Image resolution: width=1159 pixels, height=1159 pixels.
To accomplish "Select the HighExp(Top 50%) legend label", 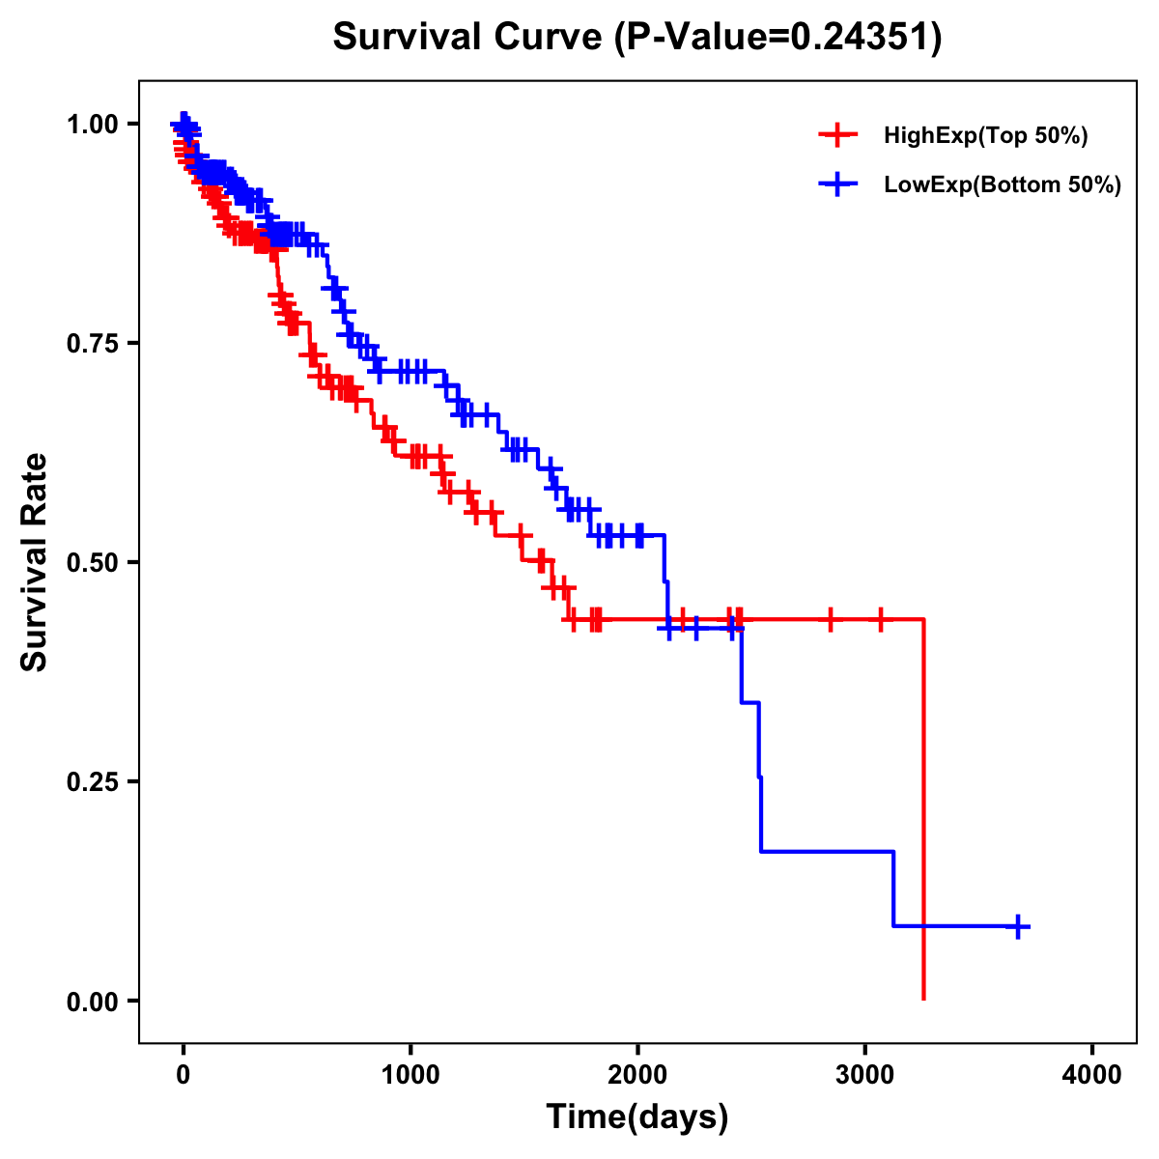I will point(986,136).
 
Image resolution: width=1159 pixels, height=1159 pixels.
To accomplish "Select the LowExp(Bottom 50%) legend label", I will point(1003,184).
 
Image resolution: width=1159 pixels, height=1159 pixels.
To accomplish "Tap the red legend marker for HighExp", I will point(837,136).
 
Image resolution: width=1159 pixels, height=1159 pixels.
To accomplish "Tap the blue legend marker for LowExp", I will point(837,184).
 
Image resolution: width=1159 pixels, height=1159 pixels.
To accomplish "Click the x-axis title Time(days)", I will point(637,1117).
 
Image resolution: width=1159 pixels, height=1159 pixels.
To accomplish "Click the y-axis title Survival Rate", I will point(35,562).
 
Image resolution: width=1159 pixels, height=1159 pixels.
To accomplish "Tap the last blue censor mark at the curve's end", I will point(1017,926).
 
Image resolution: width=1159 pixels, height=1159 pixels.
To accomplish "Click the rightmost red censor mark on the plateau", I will point(880,619).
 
